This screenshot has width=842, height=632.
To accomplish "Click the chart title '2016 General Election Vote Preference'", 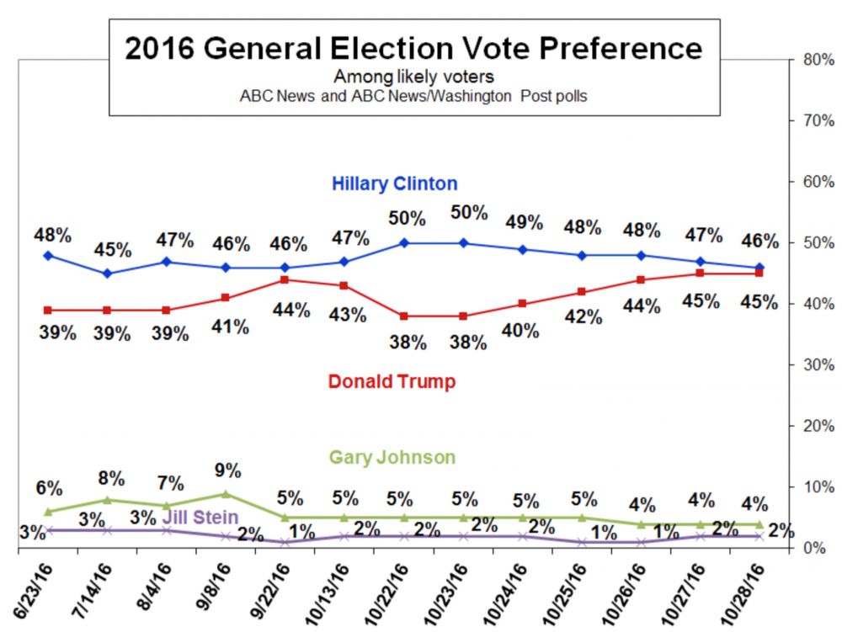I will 413,48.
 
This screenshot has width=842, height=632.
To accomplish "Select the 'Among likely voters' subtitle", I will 413,77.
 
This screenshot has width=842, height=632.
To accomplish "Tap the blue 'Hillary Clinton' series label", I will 394,183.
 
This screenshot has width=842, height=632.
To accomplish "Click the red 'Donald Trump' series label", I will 392,381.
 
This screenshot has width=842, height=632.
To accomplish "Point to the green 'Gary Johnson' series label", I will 392,458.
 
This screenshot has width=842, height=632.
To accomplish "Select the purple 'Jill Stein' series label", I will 200,517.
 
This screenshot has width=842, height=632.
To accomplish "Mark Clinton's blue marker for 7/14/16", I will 108,274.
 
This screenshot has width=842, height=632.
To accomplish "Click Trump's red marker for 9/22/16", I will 285,279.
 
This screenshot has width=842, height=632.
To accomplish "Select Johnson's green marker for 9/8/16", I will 226,494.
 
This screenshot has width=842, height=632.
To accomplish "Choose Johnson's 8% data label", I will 111,479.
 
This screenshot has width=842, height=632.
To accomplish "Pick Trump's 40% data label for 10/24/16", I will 520,331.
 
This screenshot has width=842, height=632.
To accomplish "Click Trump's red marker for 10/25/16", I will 582,292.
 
